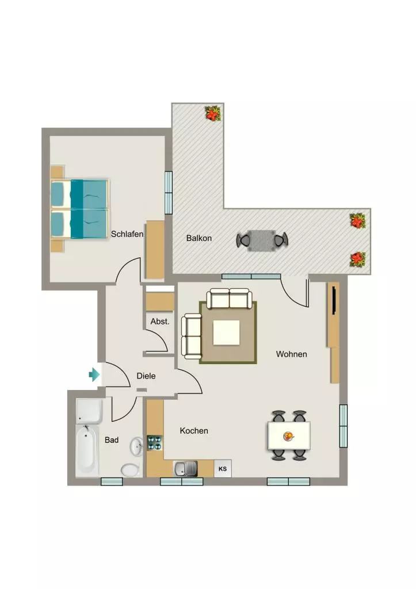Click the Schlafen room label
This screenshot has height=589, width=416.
pos(127,234)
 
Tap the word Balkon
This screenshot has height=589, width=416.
pos(199,238)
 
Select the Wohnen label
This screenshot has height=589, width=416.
pos(291,354)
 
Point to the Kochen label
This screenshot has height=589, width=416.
pos(194,431)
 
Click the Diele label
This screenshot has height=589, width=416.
pos(146,376)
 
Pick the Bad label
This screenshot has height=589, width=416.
pos(112,440)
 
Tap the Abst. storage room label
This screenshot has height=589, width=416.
pos(160,322)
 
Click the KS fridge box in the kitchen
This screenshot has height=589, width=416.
pos(223,468)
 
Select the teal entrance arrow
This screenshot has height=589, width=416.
pos(94,374)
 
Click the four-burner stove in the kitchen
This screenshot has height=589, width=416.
pos(154,443)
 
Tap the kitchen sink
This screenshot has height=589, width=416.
pos(185,468)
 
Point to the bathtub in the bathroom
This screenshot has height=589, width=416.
pos(87,451)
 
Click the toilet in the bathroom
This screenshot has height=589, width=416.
pos(130,470)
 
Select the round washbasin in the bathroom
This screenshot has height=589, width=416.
pos(136,446)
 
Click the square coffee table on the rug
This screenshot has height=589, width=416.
pos(227,332)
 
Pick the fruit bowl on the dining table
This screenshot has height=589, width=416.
pos(288,436)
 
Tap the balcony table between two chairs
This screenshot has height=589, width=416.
pos(262,240)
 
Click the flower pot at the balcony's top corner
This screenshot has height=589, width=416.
pos(213,113)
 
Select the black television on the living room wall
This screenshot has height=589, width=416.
pos(334,299)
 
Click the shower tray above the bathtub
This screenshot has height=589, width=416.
pos(89,411)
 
